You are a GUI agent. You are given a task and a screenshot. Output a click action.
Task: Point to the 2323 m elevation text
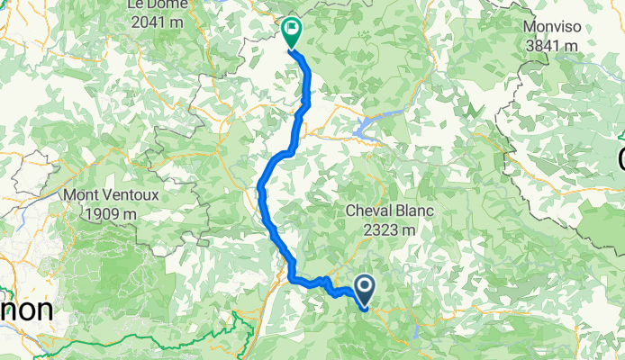click(x=391, y=229)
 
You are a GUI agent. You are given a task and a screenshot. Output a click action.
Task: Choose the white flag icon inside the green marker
click(x=292, y=30)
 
